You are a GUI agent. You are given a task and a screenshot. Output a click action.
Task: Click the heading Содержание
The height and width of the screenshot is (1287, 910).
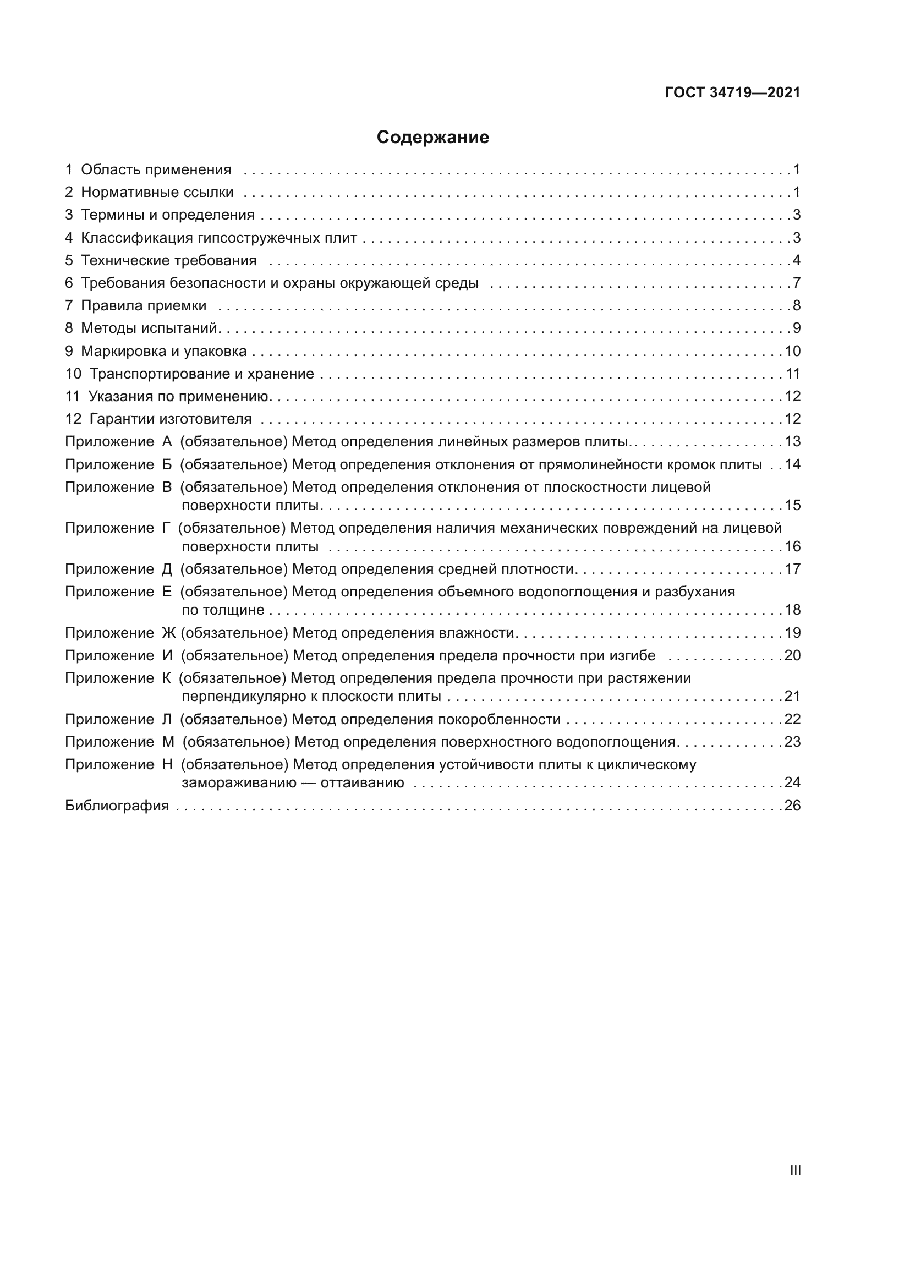pyautogui.click(x=432, y=138)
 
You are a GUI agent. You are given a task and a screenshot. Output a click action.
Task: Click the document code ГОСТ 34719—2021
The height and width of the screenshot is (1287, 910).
pyautogui.click(x=732, y=93)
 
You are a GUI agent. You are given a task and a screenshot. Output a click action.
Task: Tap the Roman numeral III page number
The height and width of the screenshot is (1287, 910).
pyautogui.click(x=794, y=1170)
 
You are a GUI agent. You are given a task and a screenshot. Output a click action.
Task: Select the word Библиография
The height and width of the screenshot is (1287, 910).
pyautogui.click(x=117, y=806)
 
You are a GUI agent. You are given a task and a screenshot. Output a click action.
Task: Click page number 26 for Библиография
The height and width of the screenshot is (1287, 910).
pyautogui.click(x=792, y=806)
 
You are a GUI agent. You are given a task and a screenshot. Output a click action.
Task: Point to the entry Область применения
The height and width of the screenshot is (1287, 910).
pyautogui.click(x=156, y=170)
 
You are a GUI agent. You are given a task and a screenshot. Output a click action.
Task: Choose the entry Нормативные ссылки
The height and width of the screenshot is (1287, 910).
pyautogui.click(x=157, y=192)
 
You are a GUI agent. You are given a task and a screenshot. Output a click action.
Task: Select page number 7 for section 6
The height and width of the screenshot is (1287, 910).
pyautogui.click(x=796, y=283)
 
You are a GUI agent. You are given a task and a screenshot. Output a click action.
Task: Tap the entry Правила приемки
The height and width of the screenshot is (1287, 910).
pyautogui.click(x=144, y=306)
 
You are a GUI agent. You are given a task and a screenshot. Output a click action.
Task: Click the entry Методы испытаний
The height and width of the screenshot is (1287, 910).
pyautogui.click(x=149, y=328)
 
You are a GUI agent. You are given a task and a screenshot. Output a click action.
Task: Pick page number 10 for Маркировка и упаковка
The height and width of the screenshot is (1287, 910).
pyautogui.click(x=792, y=352)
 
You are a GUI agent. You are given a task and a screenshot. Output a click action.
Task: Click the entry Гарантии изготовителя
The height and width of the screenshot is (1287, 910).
pyautogui.click(x=171, y=419)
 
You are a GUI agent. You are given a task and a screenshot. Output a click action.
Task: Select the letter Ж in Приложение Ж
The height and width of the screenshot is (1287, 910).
pyautogui.click(x=168, y=633)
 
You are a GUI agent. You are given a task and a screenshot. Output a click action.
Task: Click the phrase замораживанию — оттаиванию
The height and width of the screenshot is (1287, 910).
pyautogui.click(x=293, y=783)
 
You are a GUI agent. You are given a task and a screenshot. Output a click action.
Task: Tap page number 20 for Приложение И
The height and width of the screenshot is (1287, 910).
pyautogui.click(x=792, y=656)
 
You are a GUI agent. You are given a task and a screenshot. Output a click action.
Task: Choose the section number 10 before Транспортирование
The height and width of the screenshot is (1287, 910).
pyautogui.click(x=73, y=374)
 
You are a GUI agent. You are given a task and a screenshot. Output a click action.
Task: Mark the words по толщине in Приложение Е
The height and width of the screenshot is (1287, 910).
pyautogui.click(x=222, y=610)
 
